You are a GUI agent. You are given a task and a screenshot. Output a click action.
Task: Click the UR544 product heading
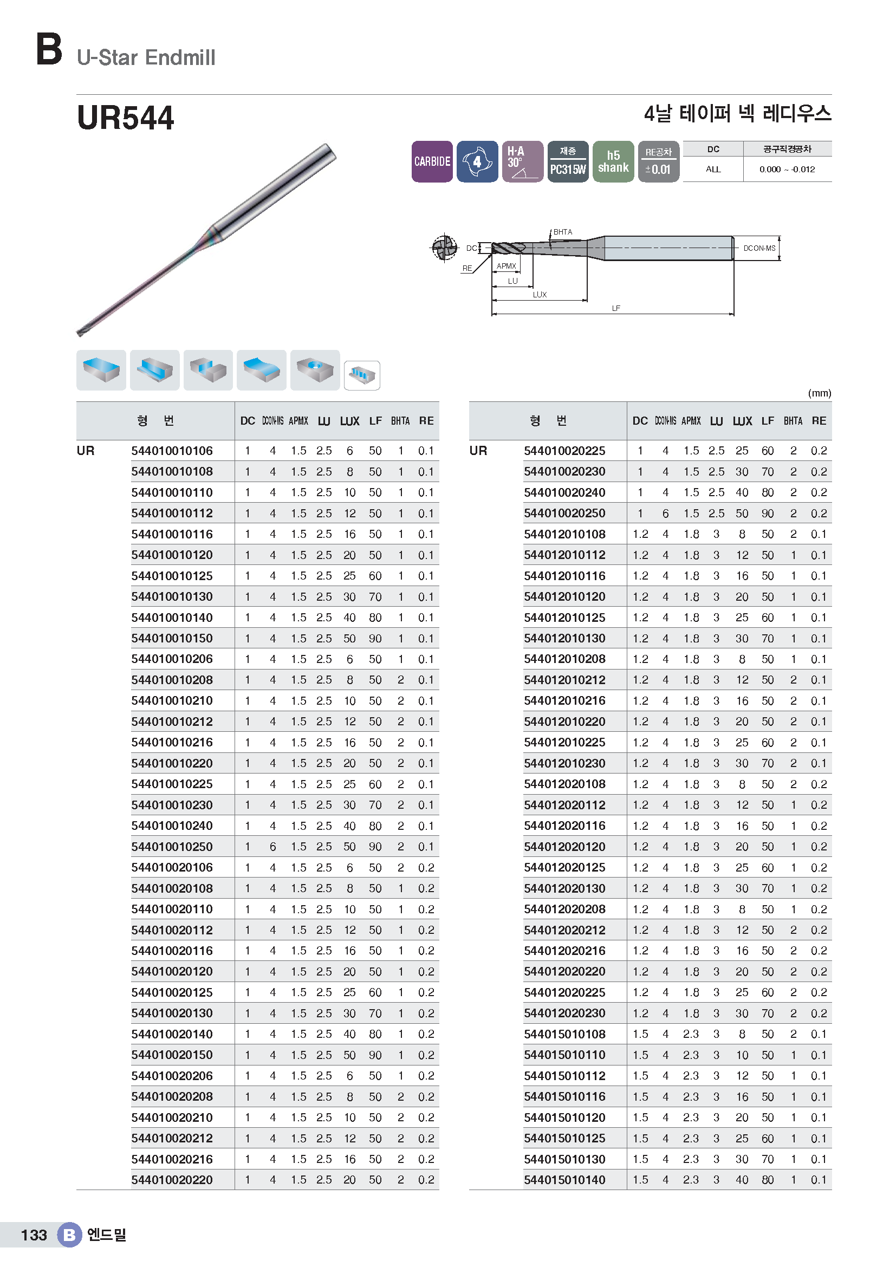point(125,118)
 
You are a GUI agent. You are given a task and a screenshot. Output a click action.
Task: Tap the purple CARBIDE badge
point(432,161)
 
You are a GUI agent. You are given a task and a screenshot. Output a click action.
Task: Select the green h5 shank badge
point(613,161)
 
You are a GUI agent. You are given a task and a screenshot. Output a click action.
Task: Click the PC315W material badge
point(568,161)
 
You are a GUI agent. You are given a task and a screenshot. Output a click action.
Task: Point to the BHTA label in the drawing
point(563,232)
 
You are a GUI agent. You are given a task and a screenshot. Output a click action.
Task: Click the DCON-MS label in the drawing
point(759,248)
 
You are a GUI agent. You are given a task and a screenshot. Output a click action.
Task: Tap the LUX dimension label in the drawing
point(540,295)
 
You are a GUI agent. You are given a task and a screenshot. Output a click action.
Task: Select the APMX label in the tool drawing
point(506,266)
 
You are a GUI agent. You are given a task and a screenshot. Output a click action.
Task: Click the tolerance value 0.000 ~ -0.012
point(787,170)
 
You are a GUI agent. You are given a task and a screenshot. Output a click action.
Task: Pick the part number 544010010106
point(172,451)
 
